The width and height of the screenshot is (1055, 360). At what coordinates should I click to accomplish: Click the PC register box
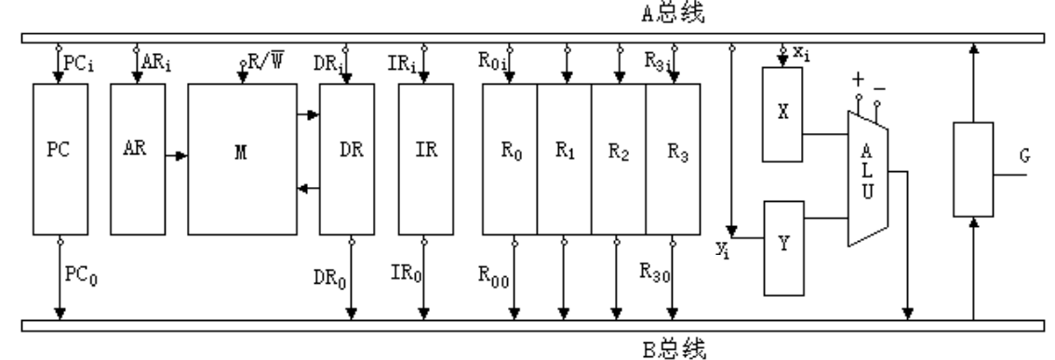(60, 159)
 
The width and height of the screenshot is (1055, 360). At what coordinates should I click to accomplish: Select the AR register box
(138, 159)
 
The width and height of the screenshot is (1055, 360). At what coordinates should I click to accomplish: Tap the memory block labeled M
(242, 159)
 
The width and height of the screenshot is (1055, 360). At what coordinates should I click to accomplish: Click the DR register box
(346, 159)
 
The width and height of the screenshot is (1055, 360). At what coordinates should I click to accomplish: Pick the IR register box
(426, 159)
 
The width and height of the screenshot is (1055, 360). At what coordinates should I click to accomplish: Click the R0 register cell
(510, 159)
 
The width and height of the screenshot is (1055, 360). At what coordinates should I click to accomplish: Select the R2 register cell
(619, 159)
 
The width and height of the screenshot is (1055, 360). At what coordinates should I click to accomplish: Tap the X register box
(781, 114)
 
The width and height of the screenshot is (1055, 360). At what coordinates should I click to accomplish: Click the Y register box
(784, 248)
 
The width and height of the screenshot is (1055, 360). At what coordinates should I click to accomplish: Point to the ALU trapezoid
(867, 179)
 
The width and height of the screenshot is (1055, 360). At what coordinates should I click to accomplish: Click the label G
(1024, 156)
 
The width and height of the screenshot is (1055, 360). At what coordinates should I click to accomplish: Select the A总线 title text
(673, 13)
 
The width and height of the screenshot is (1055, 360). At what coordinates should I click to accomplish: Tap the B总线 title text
(674, 349)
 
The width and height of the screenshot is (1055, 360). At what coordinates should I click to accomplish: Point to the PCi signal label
(79, 64)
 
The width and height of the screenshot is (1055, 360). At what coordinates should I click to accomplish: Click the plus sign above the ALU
(858, 80)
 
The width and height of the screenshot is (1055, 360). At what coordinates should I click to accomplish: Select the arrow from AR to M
(176, 156)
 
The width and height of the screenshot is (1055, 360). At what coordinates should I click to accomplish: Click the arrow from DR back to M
(308, 189)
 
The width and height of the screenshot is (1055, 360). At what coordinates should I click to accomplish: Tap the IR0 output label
(407, 273)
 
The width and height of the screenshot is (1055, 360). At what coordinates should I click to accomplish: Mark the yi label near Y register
(723, 249)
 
